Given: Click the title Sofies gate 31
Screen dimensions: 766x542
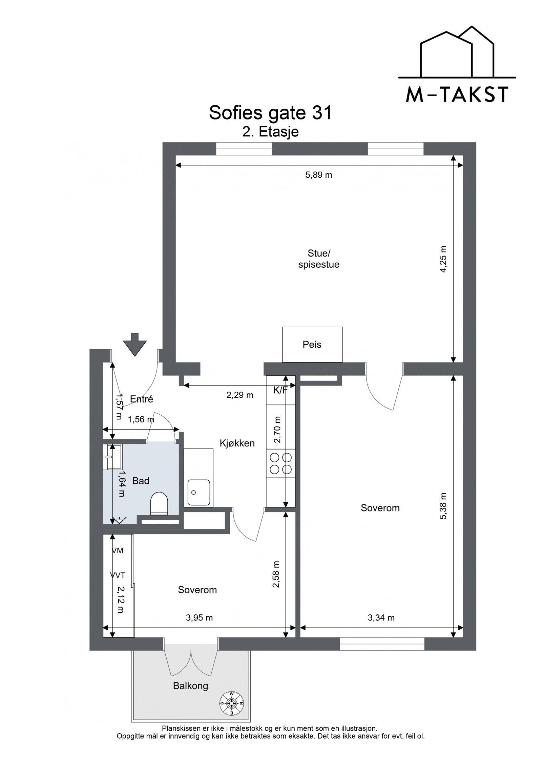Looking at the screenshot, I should [270, 113].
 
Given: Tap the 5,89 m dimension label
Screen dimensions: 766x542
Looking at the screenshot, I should [319, 175].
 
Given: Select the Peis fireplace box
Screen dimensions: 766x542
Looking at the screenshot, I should [312, 344].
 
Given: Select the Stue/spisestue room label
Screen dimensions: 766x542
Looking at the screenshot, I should [319, 259].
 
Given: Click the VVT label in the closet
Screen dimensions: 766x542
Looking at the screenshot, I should [118, 575].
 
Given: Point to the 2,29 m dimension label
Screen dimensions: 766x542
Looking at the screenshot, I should [240, 395].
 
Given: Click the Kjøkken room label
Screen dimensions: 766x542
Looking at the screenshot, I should [237, 443].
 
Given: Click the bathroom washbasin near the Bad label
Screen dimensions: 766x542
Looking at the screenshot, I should [113, 457].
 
